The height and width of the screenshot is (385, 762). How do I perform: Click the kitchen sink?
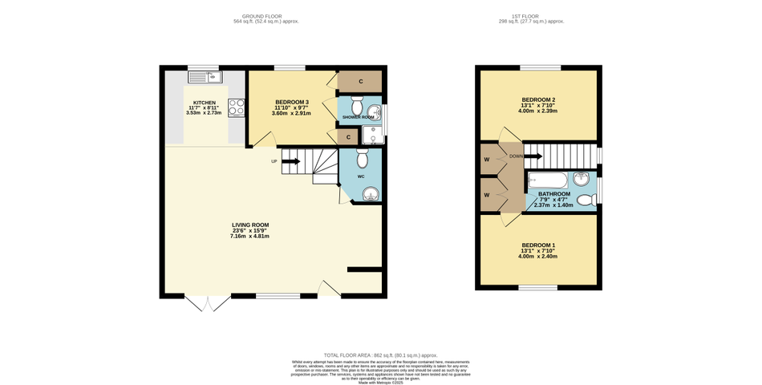pyautogui.click(x=205, y=77)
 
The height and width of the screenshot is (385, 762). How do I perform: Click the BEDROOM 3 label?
pyautogui.click(x=292, y=103)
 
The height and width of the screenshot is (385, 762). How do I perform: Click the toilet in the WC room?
pyautogui.click(x=362, y=160)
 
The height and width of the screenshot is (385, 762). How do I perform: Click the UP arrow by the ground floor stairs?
pyautogui.click(x=290, y=161)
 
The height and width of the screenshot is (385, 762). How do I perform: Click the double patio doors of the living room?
pyautogui.click(x=208, y=303)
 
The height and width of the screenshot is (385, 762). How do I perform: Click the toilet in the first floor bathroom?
pyautogui.click(x=586, y=200)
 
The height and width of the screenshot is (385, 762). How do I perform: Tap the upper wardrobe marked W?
pyautogui.click(x=487, y=159)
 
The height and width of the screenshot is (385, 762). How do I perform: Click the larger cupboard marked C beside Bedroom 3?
pyautogui.click(x=361, y=82)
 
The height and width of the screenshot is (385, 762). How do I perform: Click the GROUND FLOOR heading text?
pyautogui.click(x=261, y=16)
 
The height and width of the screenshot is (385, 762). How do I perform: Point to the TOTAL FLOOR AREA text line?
pyautogui.click(x=380, y=354)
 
